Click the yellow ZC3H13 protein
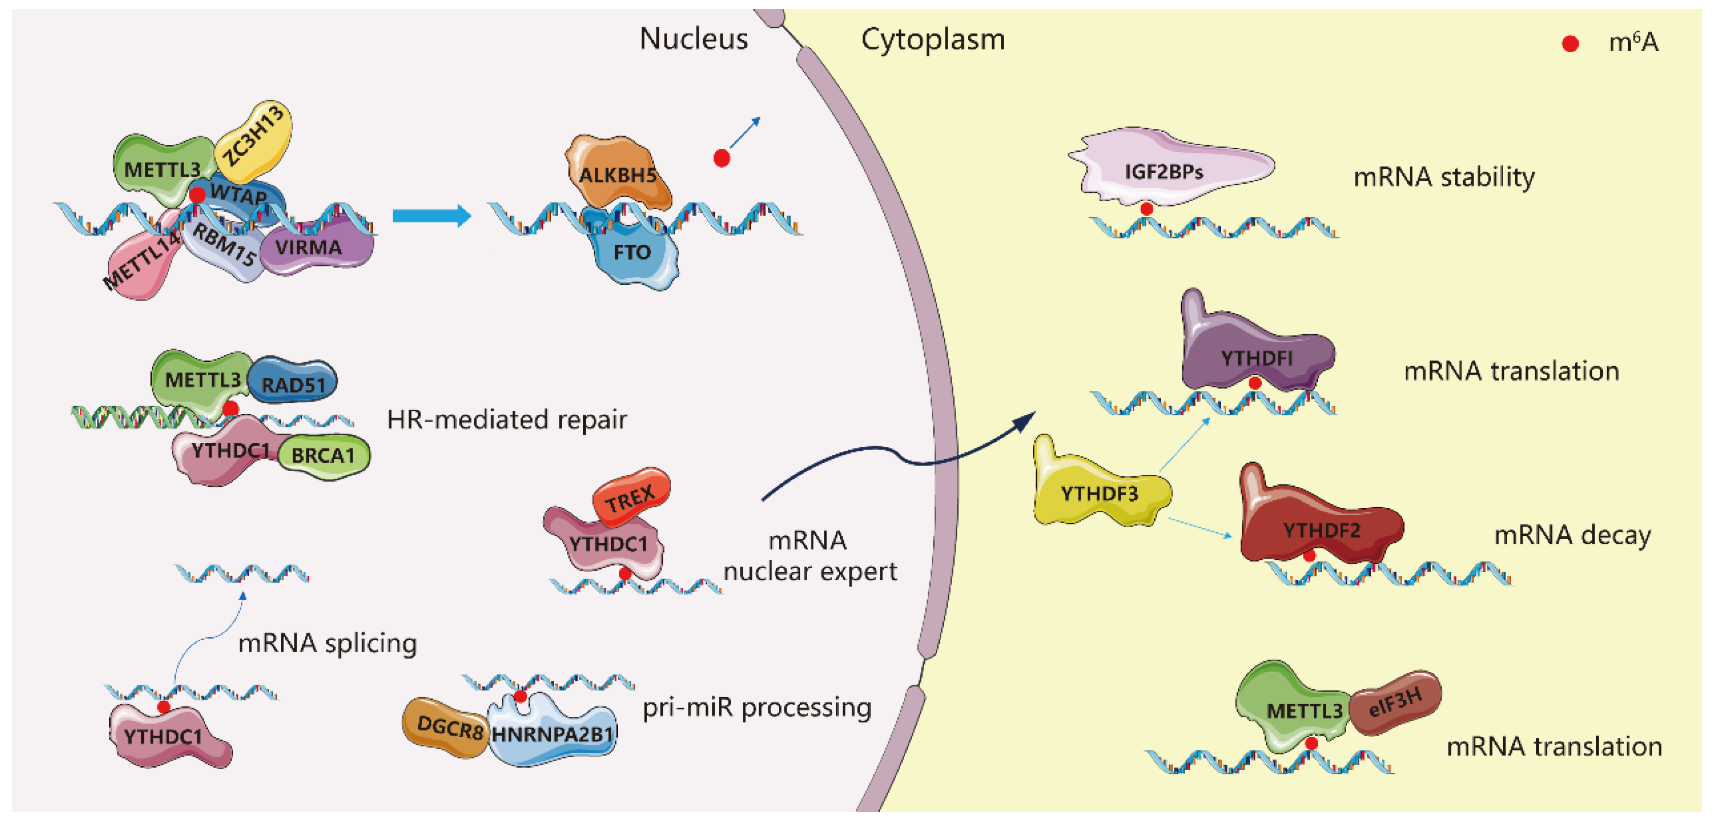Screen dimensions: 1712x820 click(255, 142)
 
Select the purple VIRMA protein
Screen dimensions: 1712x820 click(315, 248)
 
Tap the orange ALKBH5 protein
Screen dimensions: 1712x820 click(618, 172)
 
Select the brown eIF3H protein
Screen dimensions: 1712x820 click(1395, 703)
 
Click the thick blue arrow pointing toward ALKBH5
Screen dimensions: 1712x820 click(432, 216)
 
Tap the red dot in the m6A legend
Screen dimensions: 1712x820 click(1570, 44)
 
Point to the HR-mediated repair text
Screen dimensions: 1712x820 click(507, 419)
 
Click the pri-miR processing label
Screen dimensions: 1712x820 click(757, 707)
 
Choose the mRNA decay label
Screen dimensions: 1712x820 click(1572, 535)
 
